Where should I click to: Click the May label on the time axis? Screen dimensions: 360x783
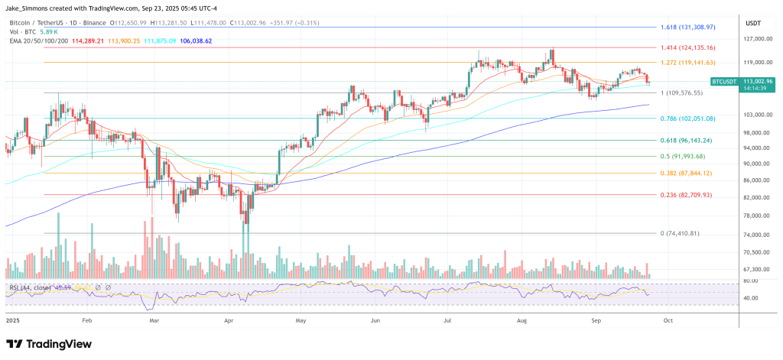tap(300, 322)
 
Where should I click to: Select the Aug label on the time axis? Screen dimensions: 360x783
tap(521, 322)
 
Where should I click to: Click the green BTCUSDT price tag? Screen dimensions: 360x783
tap(723, 80)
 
